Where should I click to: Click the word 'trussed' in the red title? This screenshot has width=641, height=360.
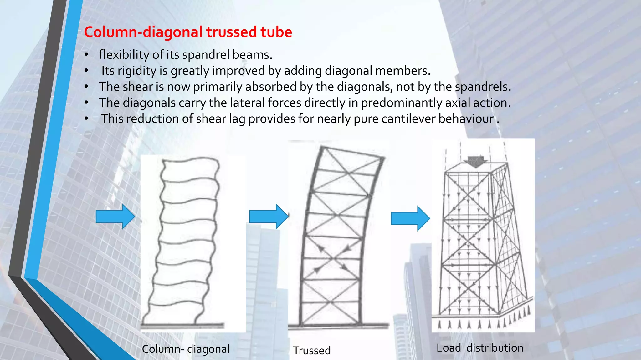(x=231, y=32)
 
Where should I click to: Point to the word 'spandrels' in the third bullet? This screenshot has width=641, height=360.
(x=482, y=87)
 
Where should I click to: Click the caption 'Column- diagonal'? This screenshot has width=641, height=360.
(x=186, y=349)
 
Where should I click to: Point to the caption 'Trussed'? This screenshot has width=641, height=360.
(x=312, y=351)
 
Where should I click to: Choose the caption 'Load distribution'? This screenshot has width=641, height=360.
(x=480, y=348)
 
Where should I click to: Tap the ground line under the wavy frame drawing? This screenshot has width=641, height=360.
(x=182, y=326)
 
